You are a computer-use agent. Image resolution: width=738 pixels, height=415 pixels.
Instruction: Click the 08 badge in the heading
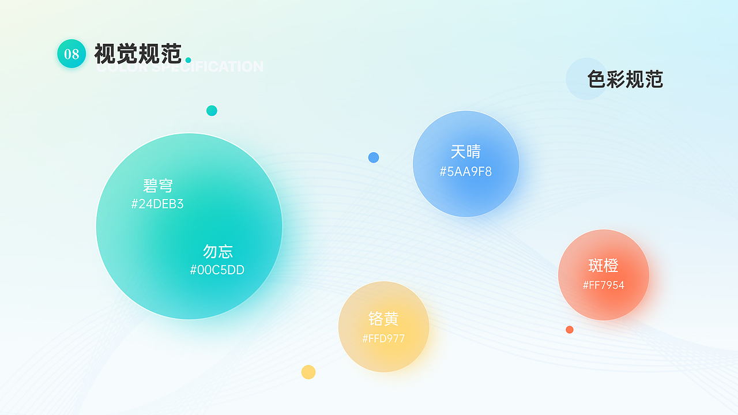click(71, 54)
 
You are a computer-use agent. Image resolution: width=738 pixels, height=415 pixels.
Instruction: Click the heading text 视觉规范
click(138, 54)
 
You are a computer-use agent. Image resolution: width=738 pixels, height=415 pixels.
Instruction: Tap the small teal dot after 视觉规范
click(188, 60)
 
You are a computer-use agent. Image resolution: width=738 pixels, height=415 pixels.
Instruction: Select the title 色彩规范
click(625, 79)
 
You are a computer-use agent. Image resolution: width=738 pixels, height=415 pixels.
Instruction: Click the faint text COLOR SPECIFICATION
click(180, 67)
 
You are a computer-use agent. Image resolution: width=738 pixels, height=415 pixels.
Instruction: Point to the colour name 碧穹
click(158, 186)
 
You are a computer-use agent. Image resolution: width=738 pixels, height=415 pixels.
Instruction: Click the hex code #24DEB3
click(157, 204)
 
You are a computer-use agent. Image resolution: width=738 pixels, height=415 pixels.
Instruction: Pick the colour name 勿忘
click(218, 251)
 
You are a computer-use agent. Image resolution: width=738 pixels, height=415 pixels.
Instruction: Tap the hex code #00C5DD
click(217, 270)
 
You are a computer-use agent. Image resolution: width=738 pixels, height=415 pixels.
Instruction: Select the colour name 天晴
click(466, 152)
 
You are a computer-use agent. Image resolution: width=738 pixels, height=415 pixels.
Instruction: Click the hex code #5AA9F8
click(466, 171)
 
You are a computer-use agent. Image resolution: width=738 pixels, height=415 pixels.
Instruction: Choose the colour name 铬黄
click(383, 319)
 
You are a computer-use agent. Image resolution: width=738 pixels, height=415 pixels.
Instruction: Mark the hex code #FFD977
click(383, 338)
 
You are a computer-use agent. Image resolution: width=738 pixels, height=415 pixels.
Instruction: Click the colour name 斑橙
click(603, 265)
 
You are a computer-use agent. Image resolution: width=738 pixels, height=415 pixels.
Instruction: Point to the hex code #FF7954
click(604, 285)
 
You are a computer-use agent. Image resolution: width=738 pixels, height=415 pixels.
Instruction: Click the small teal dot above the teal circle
click(212, 111)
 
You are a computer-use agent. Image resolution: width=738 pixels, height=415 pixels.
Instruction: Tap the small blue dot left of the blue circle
click(374, 157)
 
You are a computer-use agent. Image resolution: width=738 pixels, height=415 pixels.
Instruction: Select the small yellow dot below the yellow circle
click(308, 372)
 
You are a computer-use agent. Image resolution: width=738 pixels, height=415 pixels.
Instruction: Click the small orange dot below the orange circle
click(570, 330)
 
